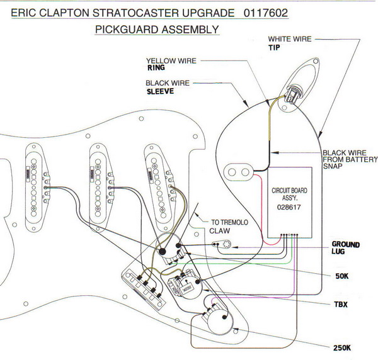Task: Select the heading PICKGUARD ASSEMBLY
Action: (x=157, y=30)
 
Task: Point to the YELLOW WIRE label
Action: (x=171, y=61)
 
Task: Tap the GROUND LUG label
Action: (x=346, y=247)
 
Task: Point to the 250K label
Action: (x=343, y=347)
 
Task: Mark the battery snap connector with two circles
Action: (x=241, y=170)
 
